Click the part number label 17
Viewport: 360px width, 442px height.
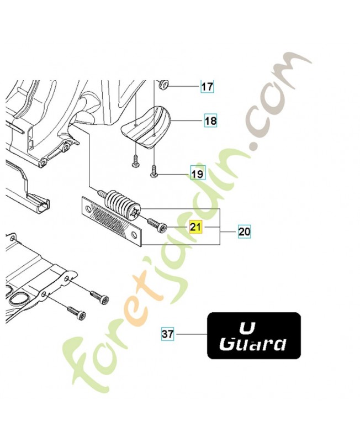click(207, 87)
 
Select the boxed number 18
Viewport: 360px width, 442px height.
click(211, 120)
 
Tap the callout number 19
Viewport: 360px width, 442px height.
click(197, 174)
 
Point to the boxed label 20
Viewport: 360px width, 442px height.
click(244, 233)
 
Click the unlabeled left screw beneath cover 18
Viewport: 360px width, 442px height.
click(134, 160)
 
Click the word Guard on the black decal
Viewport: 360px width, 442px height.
click(253, 344)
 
